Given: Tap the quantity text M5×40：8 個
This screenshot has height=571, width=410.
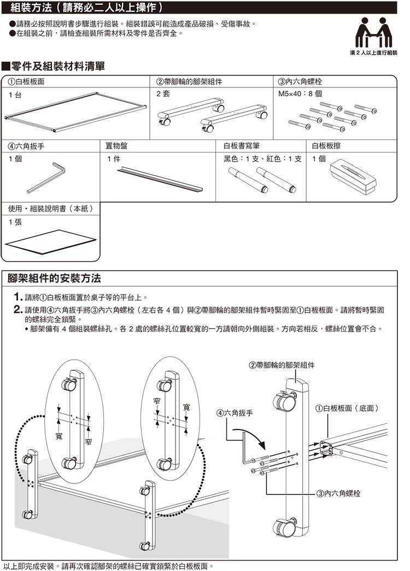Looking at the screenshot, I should click(300, 94).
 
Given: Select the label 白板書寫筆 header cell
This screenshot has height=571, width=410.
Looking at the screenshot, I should click(242, 146).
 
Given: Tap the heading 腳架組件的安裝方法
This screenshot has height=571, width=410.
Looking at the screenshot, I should click(54, 278).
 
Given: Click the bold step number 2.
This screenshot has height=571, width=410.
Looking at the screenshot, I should click(17, 310).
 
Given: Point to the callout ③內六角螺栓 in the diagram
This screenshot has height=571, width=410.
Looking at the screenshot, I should click(339, 493).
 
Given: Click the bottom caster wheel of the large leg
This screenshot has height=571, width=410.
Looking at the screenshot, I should click(284, 528).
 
